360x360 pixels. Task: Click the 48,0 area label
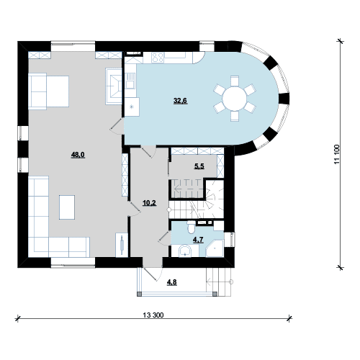[78, 155]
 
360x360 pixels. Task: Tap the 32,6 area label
[180, 101]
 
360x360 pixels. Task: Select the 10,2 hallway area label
[149, 203]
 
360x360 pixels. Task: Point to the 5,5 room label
[199, 166]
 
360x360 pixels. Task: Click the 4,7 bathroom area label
[198, 240]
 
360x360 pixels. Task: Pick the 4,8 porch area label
[172, 282]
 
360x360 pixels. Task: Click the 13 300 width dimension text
[153, 315]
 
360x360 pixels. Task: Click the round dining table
[235, 99]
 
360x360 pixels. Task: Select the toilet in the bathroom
[192, 227]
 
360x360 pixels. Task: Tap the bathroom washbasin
[184, 251]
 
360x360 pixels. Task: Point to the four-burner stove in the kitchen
[158, 58]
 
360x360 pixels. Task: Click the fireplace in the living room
[114, 86]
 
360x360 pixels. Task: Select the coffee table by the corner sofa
[67, 207]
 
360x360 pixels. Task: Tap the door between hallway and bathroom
[165, 238]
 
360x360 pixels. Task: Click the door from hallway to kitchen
[148, 151]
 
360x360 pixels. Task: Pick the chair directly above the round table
[235, 81]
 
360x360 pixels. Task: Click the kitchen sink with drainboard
[130, 81]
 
